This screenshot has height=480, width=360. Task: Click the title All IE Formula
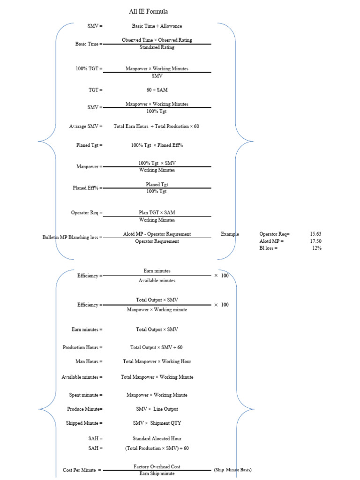click(148, 11)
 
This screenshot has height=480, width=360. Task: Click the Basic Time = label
click(89, 44)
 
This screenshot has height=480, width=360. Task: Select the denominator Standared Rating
click(157, 48)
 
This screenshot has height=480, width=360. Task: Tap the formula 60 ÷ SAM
click(157, 90)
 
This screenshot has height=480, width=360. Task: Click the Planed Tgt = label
click(89, 145)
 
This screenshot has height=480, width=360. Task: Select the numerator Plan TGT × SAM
click(157, 213)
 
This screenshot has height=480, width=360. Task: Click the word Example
click(230, 234)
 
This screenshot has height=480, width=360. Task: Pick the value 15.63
click(315, 234)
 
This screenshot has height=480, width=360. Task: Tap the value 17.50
click(315, 241)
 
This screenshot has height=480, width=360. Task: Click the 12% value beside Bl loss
click(317, 248)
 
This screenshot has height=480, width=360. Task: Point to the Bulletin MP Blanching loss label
click(72, 238)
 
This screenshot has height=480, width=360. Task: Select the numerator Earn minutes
click(157, 271)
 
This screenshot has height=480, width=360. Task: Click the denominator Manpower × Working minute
click(157, 310)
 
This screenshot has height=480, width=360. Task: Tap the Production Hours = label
click(82, 348)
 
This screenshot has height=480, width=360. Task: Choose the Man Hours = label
click(89, 362)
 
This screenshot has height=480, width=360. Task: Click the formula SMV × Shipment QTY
click(157, 423)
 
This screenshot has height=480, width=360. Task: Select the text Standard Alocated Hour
click(157, 439)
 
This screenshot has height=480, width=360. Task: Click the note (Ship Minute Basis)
click(233, 470)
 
